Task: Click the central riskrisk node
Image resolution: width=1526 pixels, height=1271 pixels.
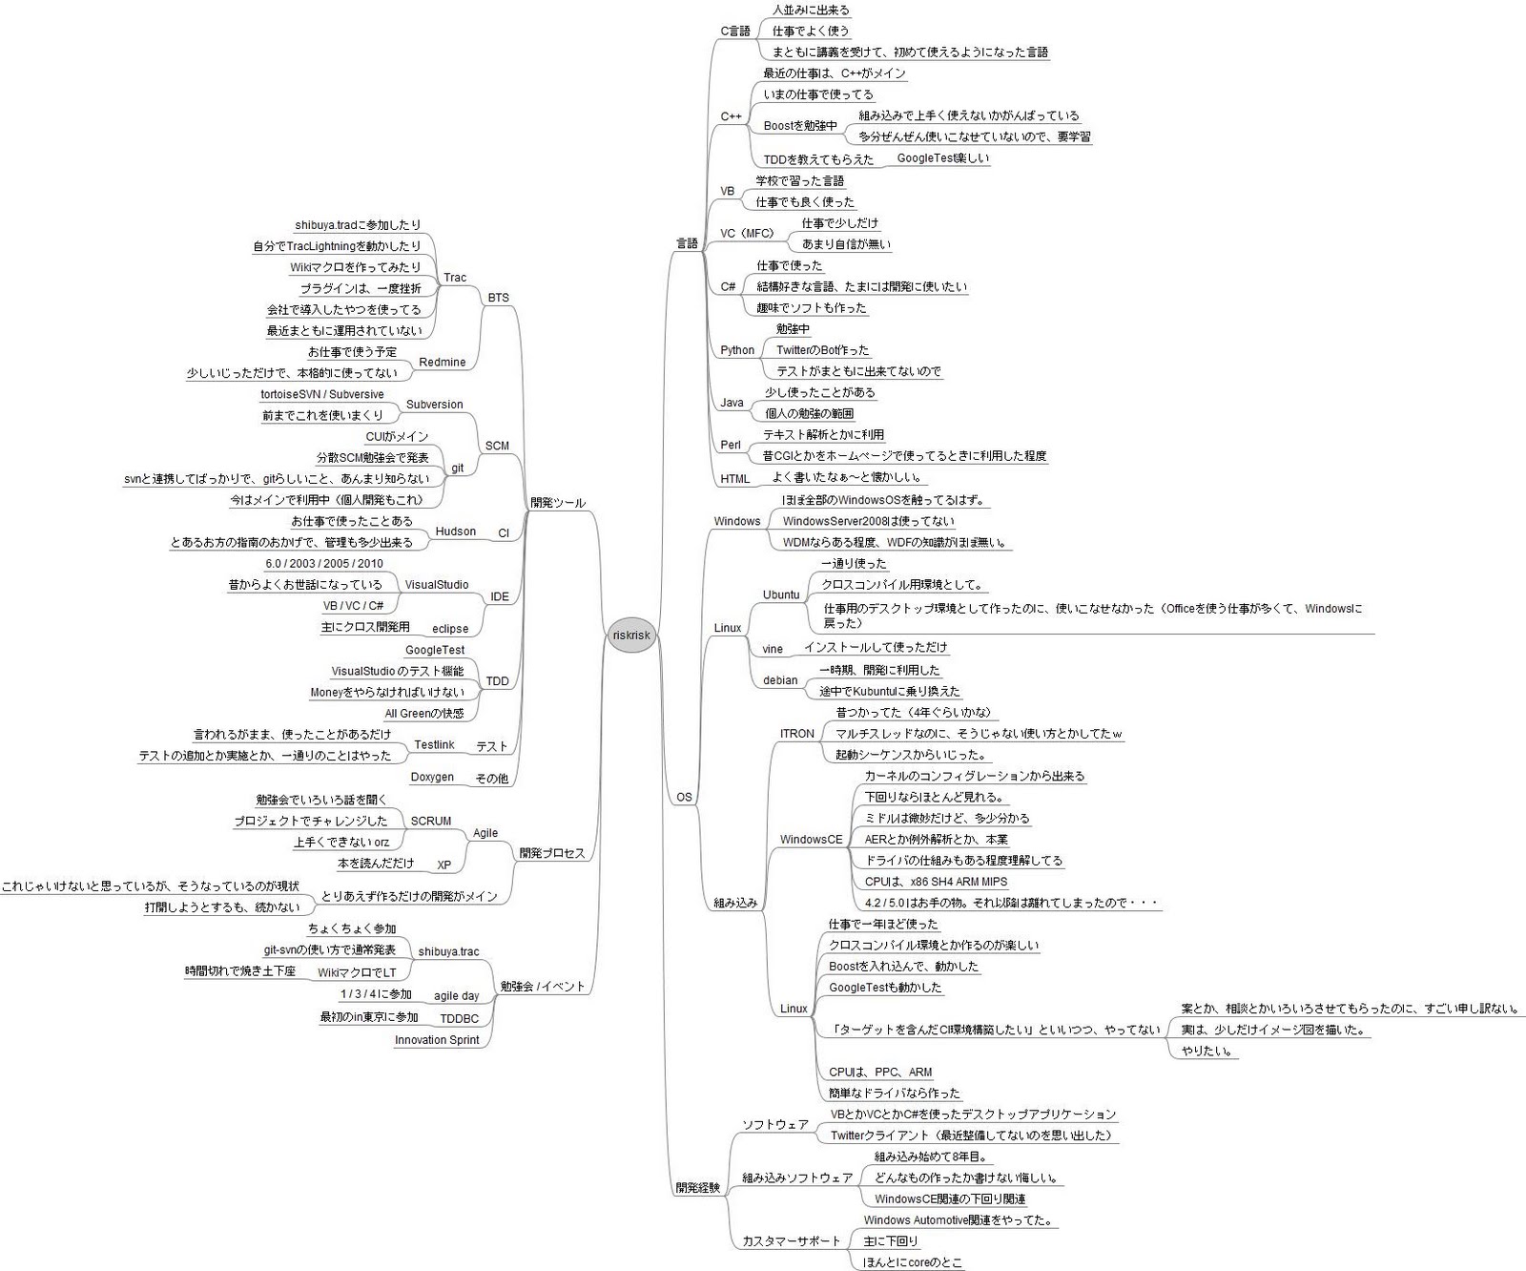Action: [631, 635]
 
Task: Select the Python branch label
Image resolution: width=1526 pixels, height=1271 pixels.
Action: [737, 350]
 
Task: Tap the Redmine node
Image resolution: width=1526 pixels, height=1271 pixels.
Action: [443, 363]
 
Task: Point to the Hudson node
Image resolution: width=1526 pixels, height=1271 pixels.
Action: [455, 531]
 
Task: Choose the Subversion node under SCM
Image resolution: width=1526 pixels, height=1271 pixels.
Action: [434, 405]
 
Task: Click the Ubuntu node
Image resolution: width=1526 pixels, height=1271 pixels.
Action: [781, 594]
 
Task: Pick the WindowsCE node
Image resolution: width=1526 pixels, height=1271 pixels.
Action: [811, 840]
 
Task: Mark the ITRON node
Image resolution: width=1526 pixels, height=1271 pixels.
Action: [797, 734]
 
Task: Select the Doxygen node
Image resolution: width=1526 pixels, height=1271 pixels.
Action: [432, 777]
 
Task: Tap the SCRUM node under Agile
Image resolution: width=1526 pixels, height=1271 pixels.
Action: [430, 821]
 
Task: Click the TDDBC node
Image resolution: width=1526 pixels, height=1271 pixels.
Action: [459, 1019]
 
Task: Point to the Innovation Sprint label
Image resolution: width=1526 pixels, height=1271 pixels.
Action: [437, 1040]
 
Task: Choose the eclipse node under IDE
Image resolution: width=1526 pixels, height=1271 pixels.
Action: [450, 629]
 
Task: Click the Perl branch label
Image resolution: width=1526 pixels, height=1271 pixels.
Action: [731, 445]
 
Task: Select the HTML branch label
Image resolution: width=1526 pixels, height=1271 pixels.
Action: [734, 479]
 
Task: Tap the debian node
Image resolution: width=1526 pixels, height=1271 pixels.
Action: [780, 680]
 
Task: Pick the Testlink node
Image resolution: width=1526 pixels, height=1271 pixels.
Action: [434, 744]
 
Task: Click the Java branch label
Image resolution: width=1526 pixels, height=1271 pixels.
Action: [732, 403]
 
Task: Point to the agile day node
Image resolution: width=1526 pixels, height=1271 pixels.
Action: [456, 996]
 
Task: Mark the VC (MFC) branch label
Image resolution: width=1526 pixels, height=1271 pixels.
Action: [747, 234]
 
